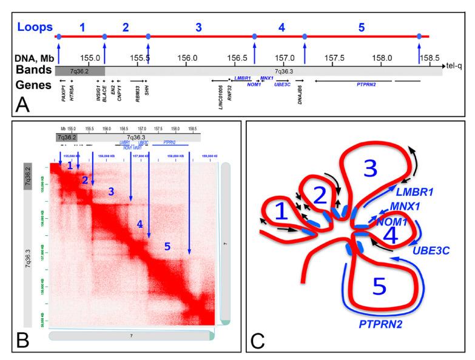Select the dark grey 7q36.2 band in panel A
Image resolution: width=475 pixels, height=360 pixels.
point(79,71)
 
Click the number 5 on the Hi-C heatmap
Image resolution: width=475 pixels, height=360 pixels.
point(166,247)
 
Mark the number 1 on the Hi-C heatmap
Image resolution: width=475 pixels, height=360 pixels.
point(70,165)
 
